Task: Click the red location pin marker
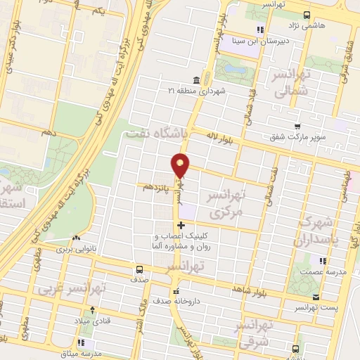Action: tap(181, 165)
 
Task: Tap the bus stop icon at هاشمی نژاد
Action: tap(306, 15)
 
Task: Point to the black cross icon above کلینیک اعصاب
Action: tap(181, 226)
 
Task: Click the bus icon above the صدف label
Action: tap(139, 269)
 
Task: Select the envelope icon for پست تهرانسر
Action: tap(316, 297)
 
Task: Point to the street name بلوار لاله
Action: tap(222, 136)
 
